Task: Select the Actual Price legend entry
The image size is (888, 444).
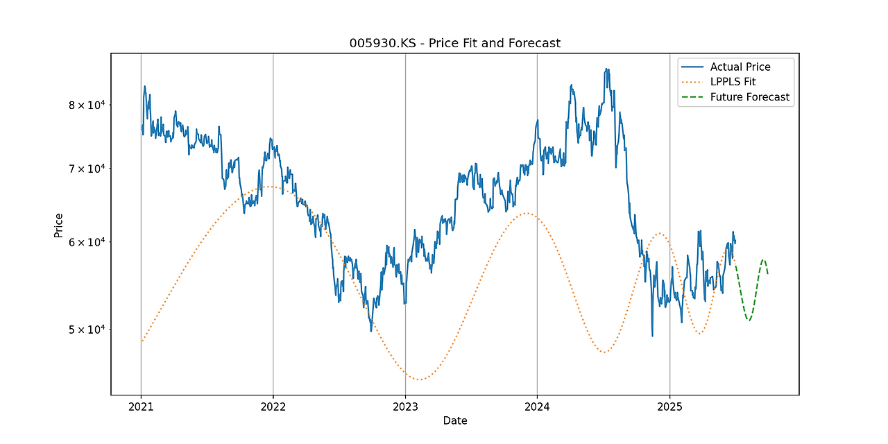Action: (740, 67)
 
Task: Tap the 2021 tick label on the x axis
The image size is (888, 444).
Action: (141, 407)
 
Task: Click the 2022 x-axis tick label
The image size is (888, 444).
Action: (273, 407)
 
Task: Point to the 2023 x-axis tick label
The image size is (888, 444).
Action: (405, 407)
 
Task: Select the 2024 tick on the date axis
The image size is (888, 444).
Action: (537, 407)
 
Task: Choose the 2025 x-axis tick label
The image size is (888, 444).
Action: (669, 407)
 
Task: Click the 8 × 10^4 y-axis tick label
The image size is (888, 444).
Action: (86, 105)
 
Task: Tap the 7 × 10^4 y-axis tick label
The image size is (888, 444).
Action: (86, 169)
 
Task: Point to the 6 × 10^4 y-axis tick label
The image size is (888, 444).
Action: (86, 242)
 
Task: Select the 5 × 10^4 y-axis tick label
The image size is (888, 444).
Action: (86, 329)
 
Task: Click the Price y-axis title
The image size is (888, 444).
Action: (59, 225)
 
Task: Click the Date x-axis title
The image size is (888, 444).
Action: (455, 421)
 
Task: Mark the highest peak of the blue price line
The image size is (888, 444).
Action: (607, 69)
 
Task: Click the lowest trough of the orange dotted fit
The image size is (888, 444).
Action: (419, 379)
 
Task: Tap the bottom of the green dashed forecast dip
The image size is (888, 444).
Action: (749, 321)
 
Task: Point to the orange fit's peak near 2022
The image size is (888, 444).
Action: (267, 186)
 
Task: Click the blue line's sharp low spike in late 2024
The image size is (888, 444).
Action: (652, 336)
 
